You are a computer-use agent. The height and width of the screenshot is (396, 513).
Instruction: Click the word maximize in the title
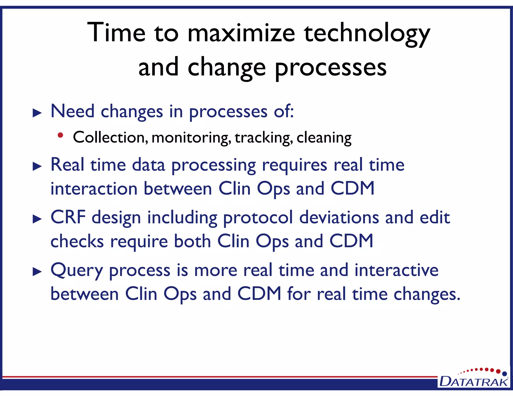(x=241, y=33)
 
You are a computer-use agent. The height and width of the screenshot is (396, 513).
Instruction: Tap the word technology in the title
(x=367, y=33)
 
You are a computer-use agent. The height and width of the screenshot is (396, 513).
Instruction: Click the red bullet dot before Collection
(x=60, y=135)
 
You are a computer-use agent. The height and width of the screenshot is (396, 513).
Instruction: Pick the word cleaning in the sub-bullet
(x=324, y=138)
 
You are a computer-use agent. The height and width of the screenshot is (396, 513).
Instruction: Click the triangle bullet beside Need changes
(x=37, y=113)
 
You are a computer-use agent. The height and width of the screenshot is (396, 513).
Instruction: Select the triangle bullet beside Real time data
(x=37, y=166)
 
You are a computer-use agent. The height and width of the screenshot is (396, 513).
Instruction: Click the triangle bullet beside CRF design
(x=37, y=219)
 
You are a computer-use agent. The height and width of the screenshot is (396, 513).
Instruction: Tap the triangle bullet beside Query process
(x=37, y=272)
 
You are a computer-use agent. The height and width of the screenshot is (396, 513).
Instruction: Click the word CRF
(x=68, y=217)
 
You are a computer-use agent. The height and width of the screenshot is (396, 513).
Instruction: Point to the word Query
(x=77, y=271)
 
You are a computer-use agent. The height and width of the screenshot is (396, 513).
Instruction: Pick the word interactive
(x=396, y=270)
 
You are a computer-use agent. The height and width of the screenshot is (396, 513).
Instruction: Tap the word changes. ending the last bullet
(x=427, y=294)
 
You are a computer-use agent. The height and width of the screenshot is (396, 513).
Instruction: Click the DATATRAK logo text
(x=474, y=382)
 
